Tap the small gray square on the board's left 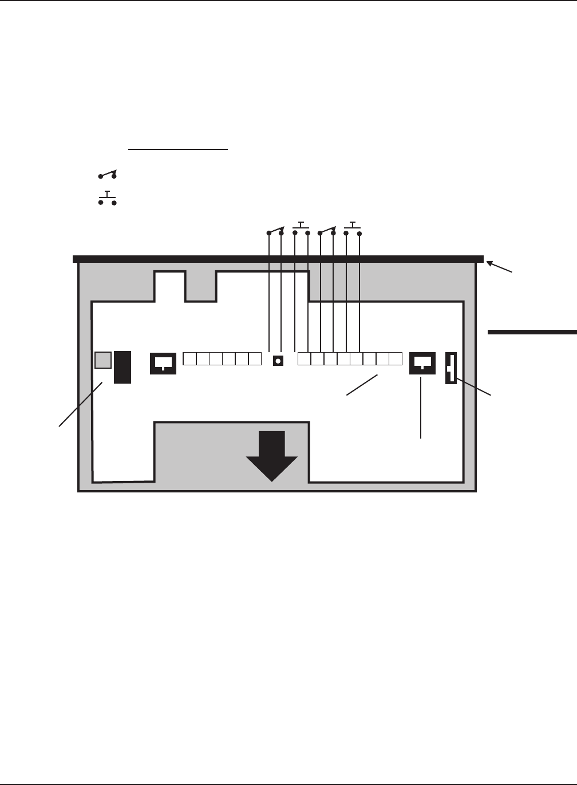tap(102, 360)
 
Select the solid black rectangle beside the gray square tap(122, 367)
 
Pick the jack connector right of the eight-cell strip tap(422, 362)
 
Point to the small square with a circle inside tap(278, 360)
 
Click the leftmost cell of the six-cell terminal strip tap(189, 359)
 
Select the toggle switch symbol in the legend tap(107, 174)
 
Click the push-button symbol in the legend tap(107, 199)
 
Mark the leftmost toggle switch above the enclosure tap(275, 231)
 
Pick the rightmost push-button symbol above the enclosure tap(353, 228)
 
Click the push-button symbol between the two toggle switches tap(301, 228)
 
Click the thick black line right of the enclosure tap(532, 331)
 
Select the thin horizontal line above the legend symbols tap(178, 149)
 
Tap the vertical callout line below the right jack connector tap(421, 407)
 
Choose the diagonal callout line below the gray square tap(80, 404)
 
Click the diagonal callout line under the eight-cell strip tap(362, 385)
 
